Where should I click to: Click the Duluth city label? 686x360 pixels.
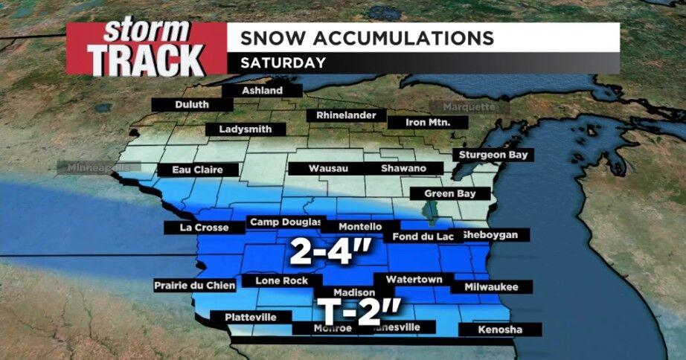(192, 105)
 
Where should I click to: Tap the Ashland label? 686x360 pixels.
(263, 91)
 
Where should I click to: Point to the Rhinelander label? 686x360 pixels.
(346, 116)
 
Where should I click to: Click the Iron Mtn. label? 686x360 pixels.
(428, 122)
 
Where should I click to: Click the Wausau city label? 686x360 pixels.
(329, 169)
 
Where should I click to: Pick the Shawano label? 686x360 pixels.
(403, 169)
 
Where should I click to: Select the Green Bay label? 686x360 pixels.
(450, 193)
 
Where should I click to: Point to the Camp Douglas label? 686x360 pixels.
(286, 222)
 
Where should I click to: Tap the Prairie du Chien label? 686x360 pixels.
(195, 285)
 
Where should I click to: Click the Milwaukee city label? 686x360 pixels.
(491, 286)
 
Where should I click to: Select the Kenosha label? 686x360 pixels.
(500, 330)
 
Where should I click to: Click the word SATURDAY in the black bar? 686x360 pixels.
(283, 62)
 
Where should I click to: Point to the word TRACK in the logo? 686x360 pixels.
(146, 60)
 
